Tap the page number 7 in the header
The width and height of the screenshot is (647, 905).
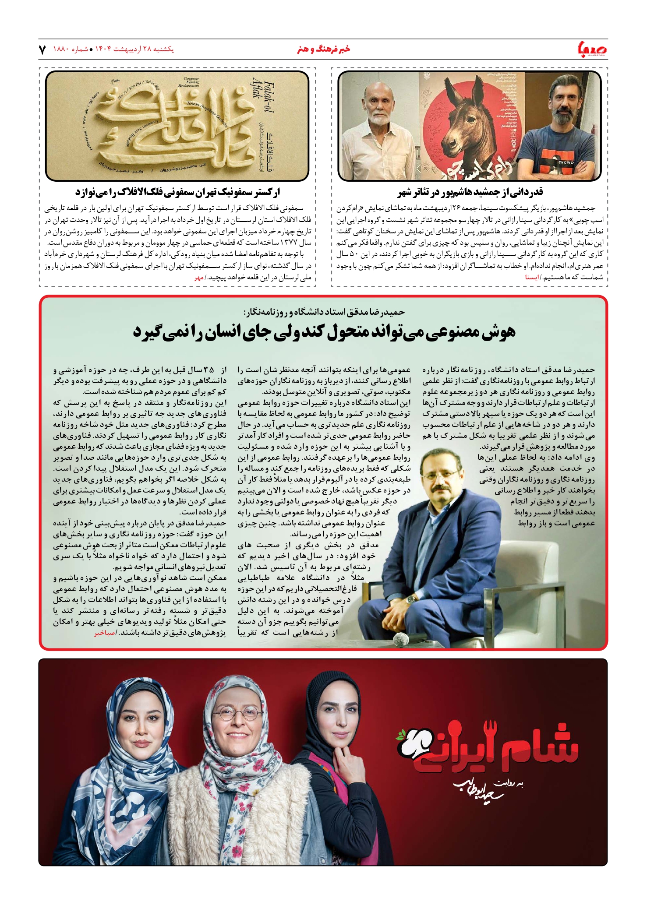[42, 49]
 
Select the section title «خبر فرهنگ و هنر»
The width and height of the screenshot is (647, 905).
[323, 49]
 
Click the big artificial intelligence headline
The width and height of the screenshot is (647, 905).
[324, 332]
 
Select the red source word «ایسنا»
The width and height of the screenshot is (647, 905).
[533, 277]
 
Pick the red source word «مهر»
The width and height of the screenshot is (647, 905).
[199, 277]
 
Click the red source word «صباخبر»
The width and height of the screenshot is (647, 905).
[103, 633]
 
